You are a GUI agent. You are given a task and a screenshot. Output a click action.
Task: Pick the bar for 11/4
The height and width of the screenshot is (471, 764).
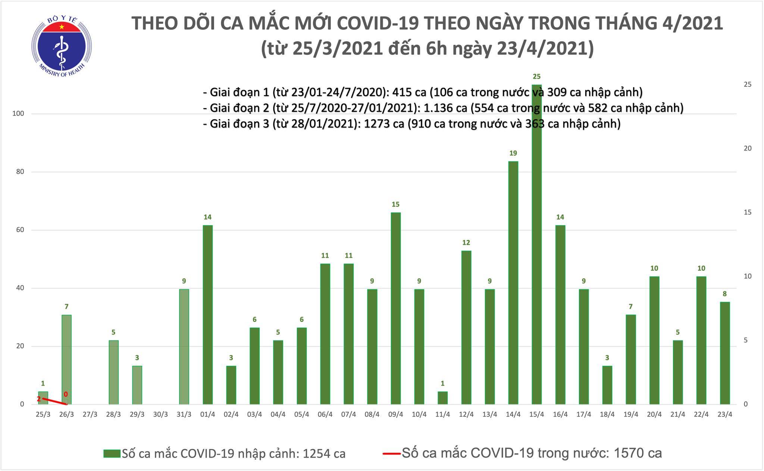(x=442, y=398)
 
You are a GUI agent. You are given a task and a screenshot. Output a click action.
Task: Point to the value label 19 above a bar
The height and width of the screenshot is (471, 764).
(x=513, y=153)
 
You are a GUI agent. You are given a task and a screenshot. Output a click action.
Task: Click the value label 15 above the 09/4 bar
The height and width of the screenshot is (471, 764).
(x=395, y=204)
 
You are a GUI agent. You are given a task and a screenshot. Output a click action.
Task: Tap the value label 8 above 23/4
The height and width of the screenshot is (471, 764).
(x=725, y=294)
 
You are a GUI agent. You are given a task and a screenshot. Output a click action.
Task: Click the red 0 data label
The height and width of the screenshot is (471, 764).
(x=66, y=394)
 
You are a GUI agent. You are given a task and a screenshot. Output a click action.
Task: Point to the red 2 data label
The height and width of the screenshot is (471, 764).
(x=39, y=399)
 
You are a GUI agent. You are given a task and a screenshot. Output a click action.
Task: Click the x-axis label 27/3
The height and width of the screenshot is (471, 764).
(x=90, y=414)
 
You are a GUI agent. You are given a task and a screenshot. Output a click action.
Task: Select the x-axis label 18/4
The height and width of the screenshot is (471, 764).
(x=607, y=414)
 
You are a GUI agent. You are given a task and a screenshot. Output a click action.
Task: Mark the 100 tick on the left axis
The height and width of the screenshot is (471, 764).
(x=18, y=113)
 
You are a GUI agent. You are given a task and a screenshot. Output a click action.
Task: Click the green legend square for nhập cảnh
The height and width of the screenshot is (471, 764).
(x=112, y=453)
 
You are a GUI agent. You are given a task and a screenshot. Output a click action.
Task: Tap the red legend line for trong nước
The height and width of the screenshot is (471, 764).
(x=391, y=453)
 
